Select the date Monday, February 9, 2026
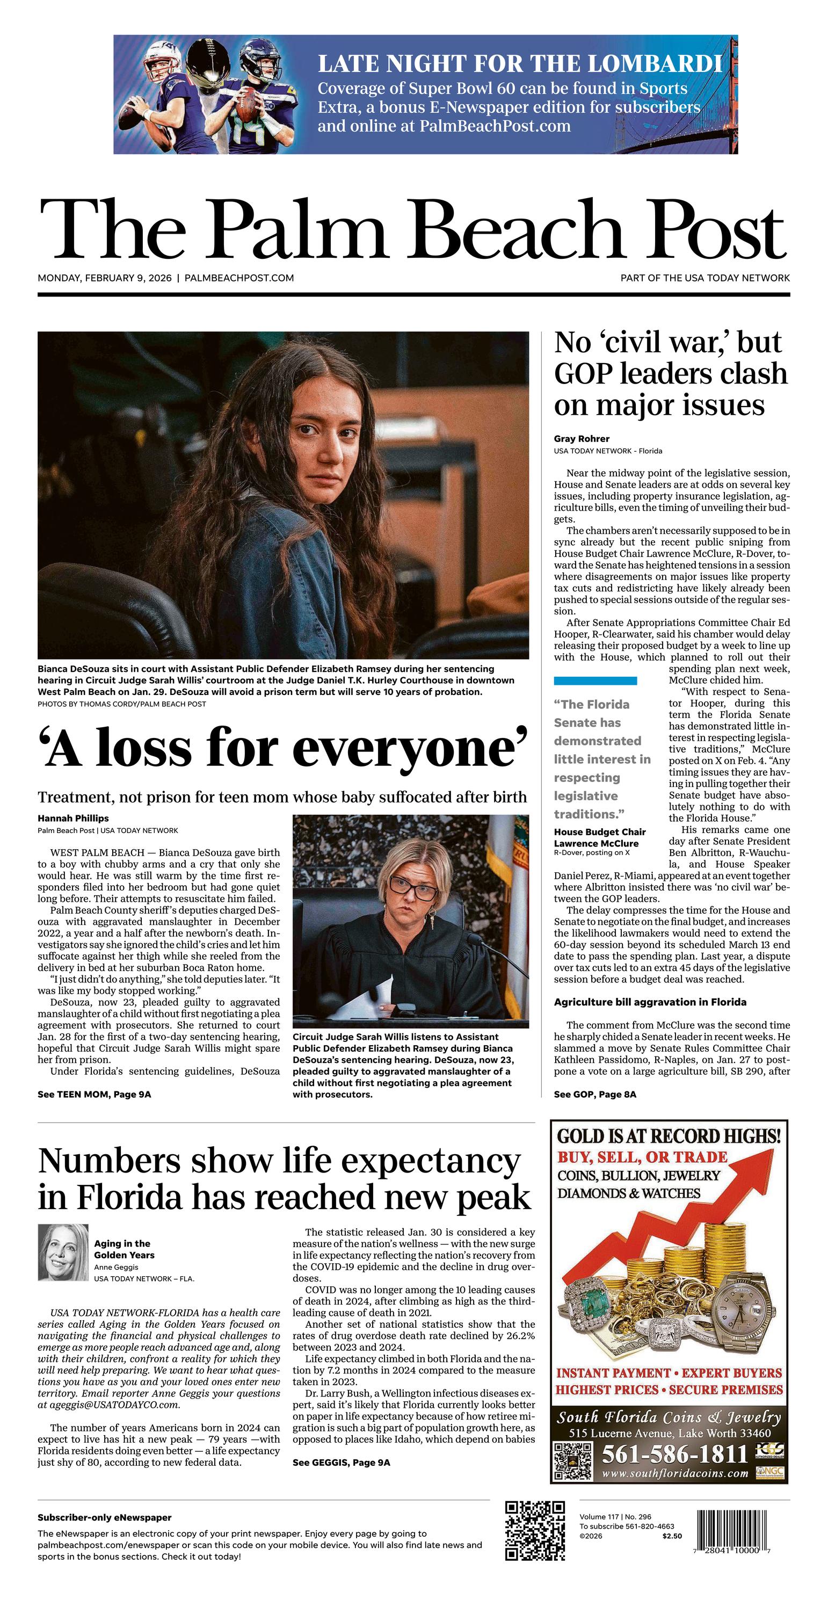[104, 278]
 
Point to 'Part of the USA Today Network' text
[705, 278]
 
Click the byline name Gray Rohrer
[582, 438]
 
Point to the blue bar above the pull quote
[595, 680]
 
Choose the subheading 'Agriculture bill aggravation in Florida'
[650, 1002]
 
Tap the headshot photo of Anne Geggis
[63, 1252]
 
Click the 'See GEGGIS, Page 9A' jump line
[341, 1462]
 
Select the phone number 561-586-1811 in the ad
[674, 1454]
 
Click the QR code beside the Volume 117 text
[535, 1530]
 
